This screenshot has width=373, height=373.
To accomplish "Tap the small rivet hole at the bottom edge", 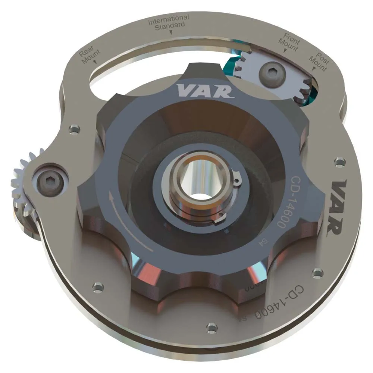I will pos(211,327).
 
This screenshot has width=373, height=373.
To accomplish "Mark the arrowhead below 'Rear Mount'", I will pos(95,62).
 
